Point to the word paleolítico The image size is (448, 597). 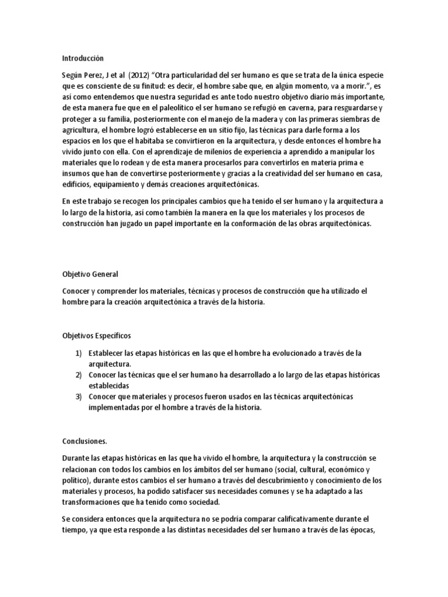pos(172,108)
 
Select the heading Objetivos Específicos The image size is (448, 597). pos(97,336)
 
